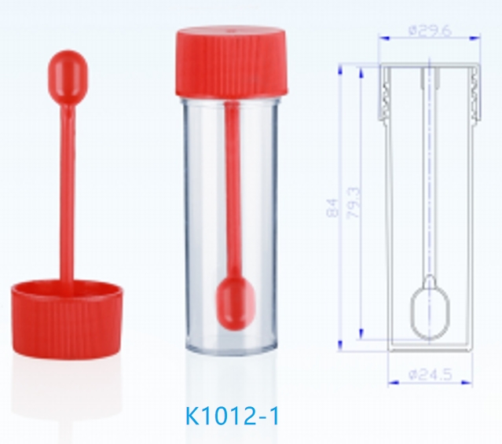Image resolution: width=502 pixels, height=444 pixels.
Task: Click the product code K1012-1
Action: tap(232, 416)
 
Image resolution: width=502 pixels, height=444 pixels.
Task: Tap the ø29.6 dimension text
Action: tap(431, 31)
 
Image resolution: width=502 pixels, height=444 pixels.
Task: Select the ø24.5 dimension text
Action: tap(431, 375)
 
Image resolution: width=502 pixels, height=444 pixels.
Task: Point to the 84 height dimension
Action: tap(332, 208)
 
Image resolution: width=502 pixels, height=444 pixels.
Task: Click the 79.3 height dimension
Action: tap(354, 203)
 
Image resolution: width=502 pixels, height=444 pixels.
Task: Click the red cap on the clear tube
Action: tap(232, 62)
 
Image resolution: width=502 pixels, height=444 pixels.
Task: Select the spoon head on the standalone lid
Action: tap(68, 75)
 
